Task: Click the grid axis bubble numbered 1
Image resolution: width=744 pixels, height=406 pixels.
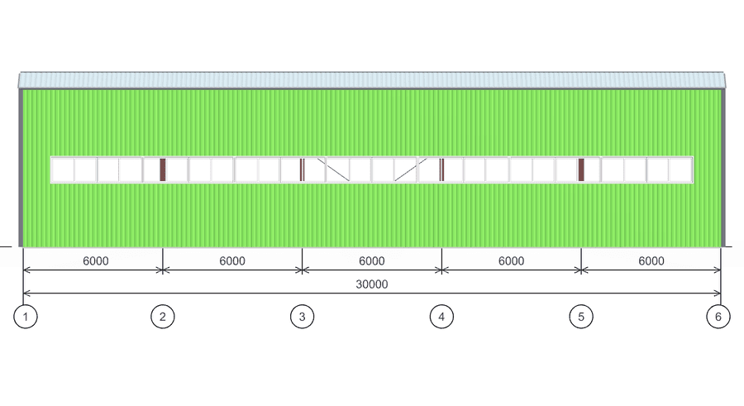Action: point(26,317)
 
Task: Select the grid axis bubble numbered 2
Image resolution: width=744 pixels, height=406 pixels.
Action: point(163,317)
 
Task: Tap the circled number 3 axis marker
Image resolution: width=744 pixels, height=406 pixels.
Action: point(303,317)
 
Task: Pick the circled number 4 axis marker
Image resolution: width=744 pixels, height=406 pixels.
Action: point(441,317)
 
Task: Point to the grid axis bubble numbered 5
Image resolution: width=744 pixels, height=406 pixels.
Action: point(581,317)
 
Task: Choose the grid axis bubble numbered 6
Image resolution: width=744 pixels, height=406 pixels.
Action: point(718,317)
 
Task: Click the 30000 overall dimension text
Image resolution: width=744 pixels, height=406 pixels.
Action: point(372,284)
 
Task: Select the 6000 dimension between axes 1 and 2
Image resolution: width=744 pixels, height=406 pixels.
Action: point(96,261)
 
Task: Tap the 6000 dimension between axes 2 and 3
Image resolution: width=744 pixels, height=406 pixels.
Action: point(232,261)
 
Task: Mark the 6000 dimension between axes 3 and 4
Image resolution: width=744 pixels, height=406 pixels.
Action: point(372,261)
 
